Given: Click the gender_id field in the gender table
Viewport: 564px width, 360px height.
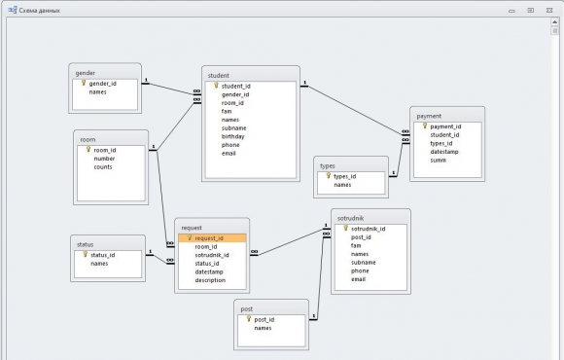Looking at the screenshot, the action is pos(102,84).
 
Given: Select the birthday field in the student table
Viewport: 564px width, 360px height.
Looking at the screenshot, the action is pos(232,136).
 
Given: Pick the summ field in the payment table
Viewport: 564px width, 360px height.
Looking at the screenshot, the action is pos(439,161).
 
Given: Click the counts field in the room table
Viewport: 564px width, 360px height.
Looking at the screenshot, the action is pos(103,167).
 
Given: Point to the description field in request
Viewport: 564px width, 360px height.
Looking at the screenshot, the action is pos(210,280).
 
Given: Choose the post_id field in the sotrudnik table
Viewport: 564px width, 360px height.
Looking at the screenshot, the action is pos(361,237).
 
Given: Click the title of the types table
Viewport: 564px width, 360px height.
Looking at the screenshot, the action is pos(328,166).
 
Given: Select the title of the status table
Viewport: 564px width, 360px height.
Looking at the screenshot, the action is pos(85,244).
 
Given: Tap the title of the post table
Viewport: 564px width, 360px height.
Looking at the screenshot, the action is pos(246,308).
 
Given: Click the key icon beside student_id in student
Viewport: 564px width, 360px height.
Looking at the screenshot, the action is pos(216,86).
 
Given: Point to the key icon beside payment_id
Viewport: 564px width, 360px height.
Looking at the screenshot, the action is pos(424,126).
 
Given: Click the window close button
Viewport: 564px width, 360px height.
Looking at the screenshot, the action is pos(549,11).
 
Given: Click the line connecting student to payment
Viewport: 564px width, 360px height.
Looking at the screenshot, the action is pos(354,109).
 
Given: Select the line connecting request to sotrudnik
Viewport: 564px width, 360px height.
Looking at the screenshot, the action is pos(291,241).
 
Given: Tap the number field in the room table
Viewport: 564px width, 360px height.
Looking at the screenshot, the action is pos(104,159).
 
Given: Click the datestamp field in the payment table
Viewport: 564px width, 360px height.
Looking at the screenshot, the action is pos(444,152).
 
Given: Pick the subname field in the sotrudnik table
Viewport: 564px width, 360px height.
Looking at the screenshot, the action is pos(364,263).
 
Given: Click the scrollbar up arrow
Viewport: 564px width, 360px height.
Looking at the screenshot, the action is pos(554,22).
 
